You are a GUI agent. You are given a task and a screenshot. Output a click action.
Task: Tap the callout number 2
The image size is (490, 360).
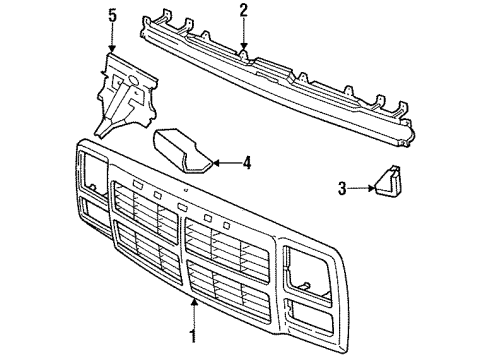click(x=243, y=11)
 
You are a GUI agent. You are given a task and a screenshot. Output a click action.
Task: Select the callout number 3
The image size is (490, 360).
click(x=342, y=185)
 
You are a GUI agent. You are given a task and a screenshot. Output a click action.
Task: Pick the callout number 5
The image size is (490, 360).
click(x=112, y=15)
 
